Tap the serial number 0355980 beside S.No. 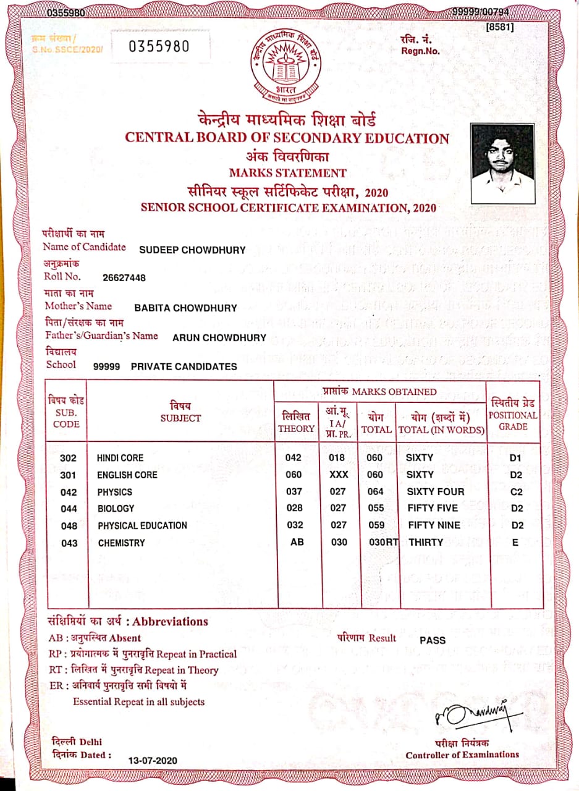coord(159,47)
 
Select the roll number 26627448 coord(124,278)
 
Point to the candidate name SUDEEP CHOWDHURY coord(192,250)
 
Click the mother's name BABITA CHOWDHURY coord(185,308)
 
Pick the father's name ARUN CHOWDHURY coord(219,337)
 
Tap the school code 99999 coord(106,366)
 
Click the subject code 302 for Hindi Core coord(69,458)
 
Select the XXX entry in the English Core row coord(339,475)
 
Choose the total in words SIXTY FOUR coord(435,492)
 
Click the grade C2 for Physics coord(517,492)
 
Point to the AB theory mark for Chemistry coord(297,542)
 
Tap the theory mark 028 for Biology coord(295,508)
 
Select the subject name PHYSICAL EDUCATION coord(142,525)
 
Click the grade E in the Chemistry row coord(515,542)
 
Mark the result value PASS coord(433,640)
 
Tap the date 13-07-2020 coord(152,759)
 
